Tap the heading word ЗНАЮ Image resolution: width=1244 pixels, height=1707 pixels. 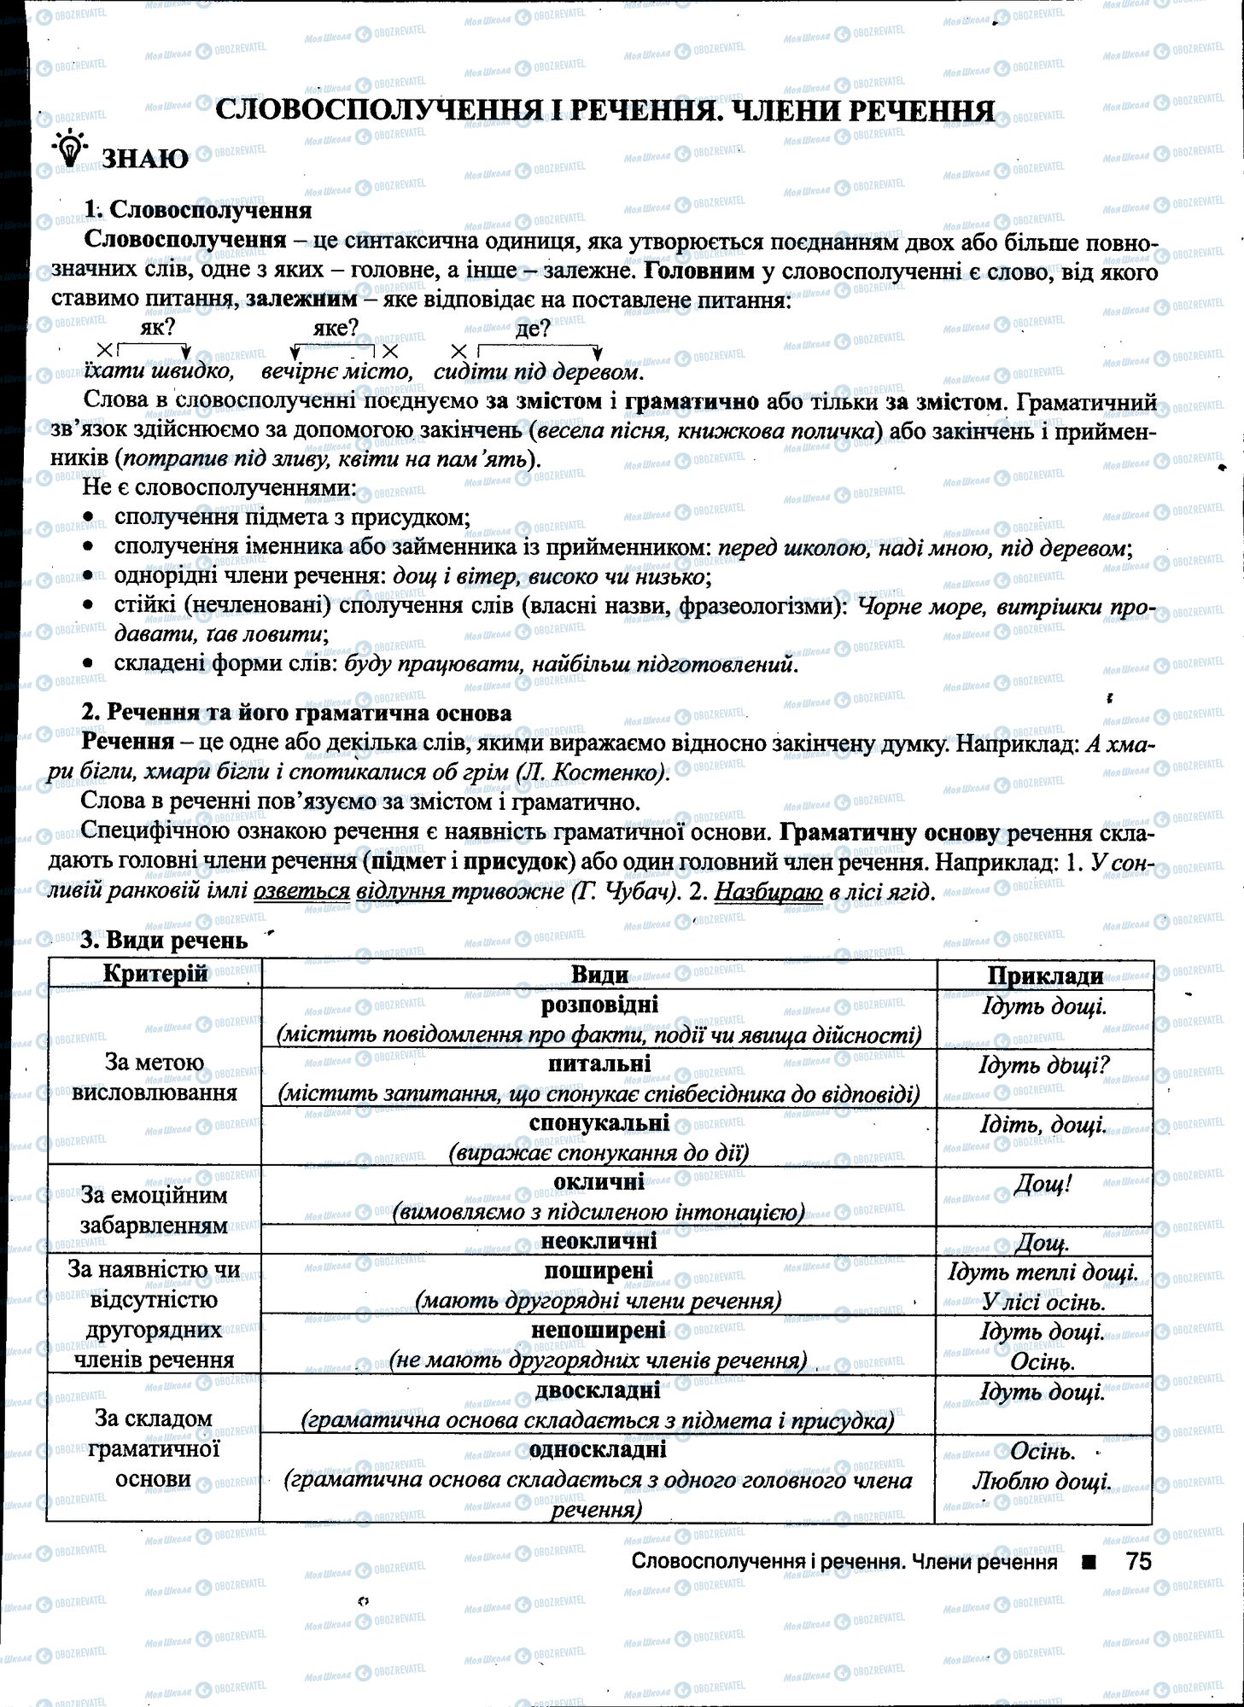[145, 159]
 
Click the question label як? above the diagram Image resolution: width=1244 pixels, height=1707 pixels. [157, 327]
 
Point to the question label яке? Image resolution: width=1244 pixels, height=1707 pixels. [336, 328]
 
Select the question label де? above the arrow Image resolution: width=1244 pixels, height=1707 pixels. [533, 329]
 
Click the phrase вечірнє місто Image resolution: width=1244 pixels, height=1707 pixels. [336, 372]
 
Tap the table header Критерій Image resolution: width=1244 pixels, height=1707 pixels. [155, 974]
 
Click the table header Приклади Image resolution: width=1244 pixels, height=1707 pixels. [1045, 976]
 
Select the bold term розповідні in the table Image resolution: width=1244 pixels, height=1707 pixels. [599, 1005]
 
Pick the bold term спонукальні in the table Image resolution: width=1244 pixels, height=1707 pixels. [599, 1123]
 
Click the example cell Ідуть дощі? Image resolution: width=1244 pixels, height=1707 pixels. [1043, 1066]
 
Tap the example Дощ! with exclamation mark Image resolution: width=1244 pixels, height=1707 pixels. [1043, 1185]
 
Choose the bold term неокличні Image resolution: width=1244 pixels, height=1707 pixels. [599, 1240]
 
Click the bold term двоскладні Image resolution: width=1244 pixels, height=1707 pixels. [598, 1390]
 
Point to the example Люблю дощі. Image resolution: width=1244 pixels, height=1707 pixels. [1042, 1482]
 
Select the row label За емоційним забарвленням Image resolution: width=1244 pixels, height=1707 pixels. [154, 1210]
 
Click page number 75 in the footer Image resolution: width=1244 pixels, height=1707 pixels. [1138, 1562]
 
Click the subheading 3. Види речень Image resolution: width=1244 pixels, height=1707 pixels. [164, 941]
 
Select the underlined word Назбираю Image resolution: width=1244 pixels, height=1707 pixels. [768, 892]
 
